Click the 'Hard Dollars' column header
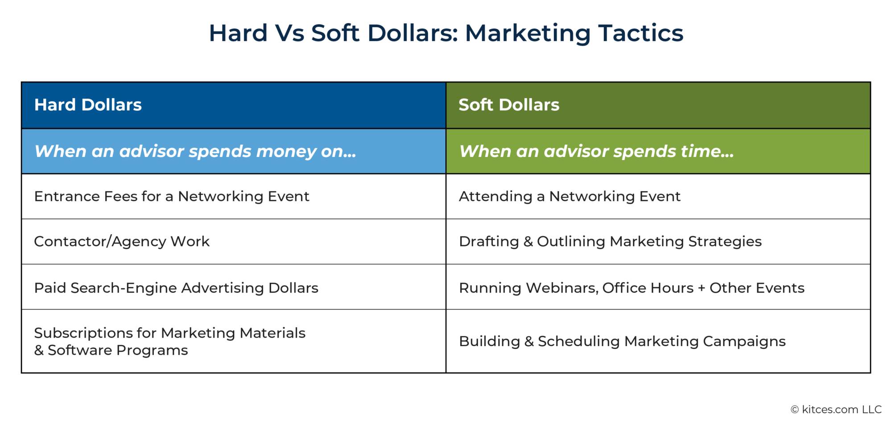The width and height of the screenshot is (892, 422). click(88, 105)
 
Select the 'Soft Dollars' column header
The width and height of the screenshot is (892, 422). click(508, 105)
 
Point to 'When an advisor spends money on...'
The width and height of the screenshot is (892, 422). click(195, 152)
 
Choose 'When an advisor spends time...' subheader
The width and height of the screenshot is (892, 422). click(596, 152)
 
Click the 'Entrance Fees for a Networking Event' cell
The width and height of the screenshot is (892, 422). click(172, 196)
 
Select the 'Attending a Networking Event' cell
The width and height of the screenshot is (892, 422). click(570, 196)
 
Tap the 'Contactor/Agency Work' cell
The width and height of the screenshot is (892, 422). click(122, 241)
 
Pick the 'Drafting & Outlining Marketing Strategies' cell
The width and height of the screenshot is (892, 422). click(610, 241)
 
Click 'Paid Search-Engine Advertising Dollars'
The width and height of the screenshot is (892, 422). click(176, 288)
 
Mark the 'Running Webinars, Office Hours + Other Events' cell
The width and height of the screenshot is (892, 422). click(632, 288)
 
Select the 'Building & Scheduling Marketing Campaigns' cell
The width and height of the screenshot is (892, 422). click(622, 341)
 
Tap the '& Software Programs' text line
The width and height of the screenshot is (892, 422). click(111, 350)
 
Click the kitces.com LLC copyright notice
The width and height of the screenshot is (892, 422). click(836, 410)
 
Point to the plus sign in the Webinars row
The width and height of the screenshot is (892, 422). click(702, 288)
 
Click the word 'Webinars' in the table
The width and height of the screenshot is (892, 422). click(562, 288)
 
